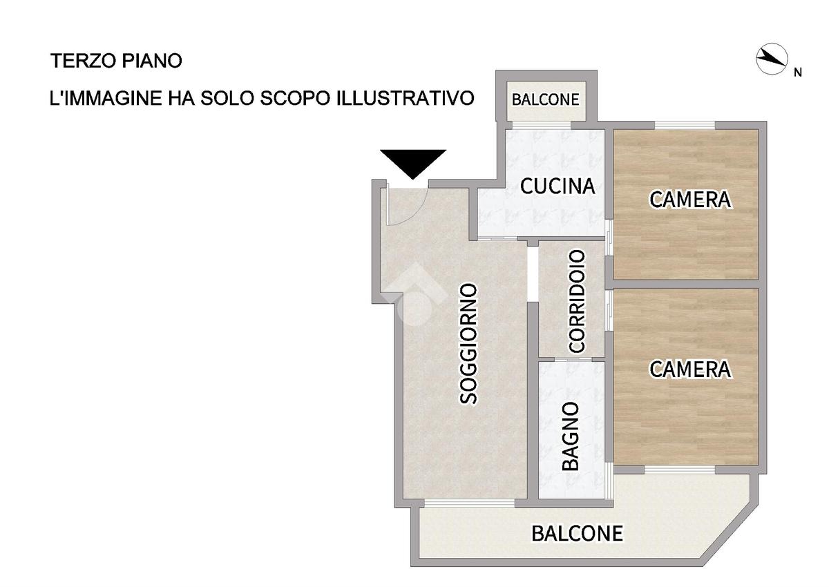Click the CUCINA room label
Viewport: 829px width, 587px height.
(558, 186)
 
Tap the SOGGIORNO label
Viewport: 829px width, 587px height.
(468, 344)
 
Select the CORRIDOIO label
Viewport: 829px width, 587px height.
(577, 301)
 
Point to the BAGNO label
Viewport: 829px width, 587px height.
(571, 436)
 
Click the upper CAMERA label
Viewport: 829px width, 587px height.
(691, 200)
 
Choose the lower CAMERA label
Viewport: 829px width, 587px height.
(691, 369)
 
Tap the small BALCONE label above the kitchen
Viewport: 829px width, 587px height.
(546, 99)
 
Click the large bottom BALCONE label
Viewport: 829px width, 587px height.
(578, 533)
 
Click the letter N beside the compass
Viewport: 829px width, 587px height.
(798, 73)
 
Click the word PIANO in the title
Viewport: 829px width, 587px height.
(152, 61)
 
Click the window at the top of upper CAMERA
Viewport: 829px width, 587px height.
(685, 126)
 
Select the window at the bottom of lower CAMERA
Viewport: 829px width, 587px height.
(680, 470)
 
